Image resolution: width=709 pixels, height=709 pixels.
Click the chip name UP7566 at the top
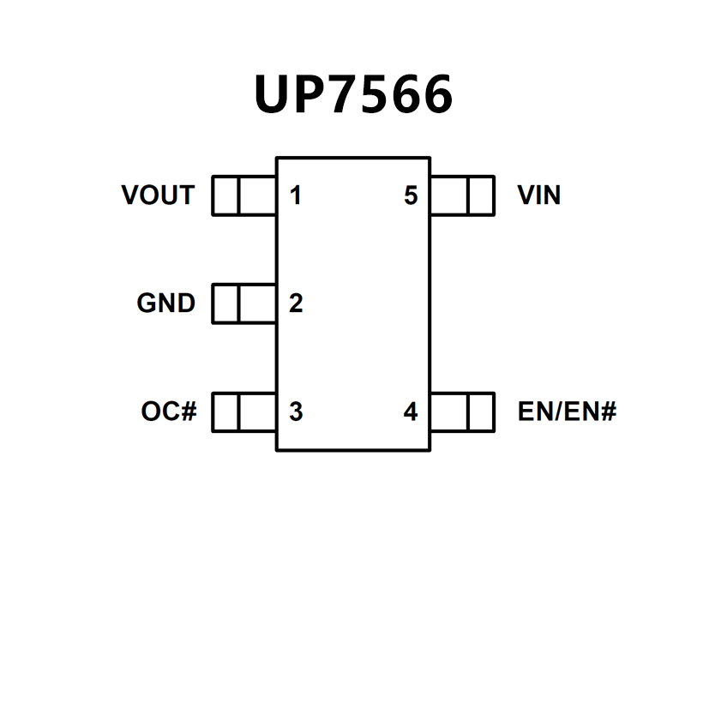pyautogui.click(x=353, y=94)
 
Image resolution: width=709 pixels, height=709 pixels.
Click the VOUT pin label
pyautogui.click(x=158, y=195)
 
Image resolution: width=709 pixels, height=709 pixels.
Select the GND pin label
pyautogui.click(x=165, y=303)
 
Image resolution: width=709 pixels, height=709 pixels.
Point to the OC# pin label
pyautogui.click(x=169, y=412)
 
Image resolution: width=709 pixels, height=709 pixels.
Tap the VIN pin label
pyautogui.click(x=538, y=195)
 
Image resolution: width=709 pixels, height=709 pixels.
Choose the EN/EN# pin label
pyautogui.click(x=567, y=412)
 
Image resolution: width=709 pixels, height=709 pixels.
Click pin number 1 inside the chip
pyautogui.click(x=296, y=196)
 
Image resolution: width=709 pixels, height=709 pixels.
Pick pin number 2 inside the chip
pyautogui.click(x=296, y=303)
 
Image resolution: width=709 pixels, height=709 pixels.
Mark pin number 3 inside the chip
pyautogui.click(x=296, y=412)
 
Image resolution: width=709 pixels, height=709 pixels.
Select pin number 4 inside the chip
pyautogui.click(x=411, y=412)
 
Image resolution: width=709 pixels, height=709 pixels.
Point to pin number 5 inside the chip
pyautogui.click(x=411, y=196)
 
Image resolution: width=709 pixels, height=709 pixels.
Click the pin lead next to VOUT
pyautogui.click(x=243, y=195)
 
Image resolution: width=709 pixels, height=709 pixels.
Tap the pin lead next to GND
pyautogui.click(x=243, y=303)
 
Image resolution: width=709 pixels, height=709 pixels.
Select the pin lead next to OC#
pyautogui.click(x=243, y=412)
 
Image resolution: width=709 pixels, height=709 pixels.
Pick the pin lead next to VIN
pyautogui.click(x=462, y=195)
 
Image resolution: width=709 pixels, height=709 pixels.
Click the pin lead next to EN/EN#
pyautogui.click(x=462, y=412)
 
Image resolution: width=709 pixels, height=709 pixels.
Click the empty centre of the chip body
pyautogui.click(x=353, y=303)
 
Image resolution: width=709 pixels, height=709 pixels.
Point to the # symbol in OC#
pyautogui.click(x=189, y=412)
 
